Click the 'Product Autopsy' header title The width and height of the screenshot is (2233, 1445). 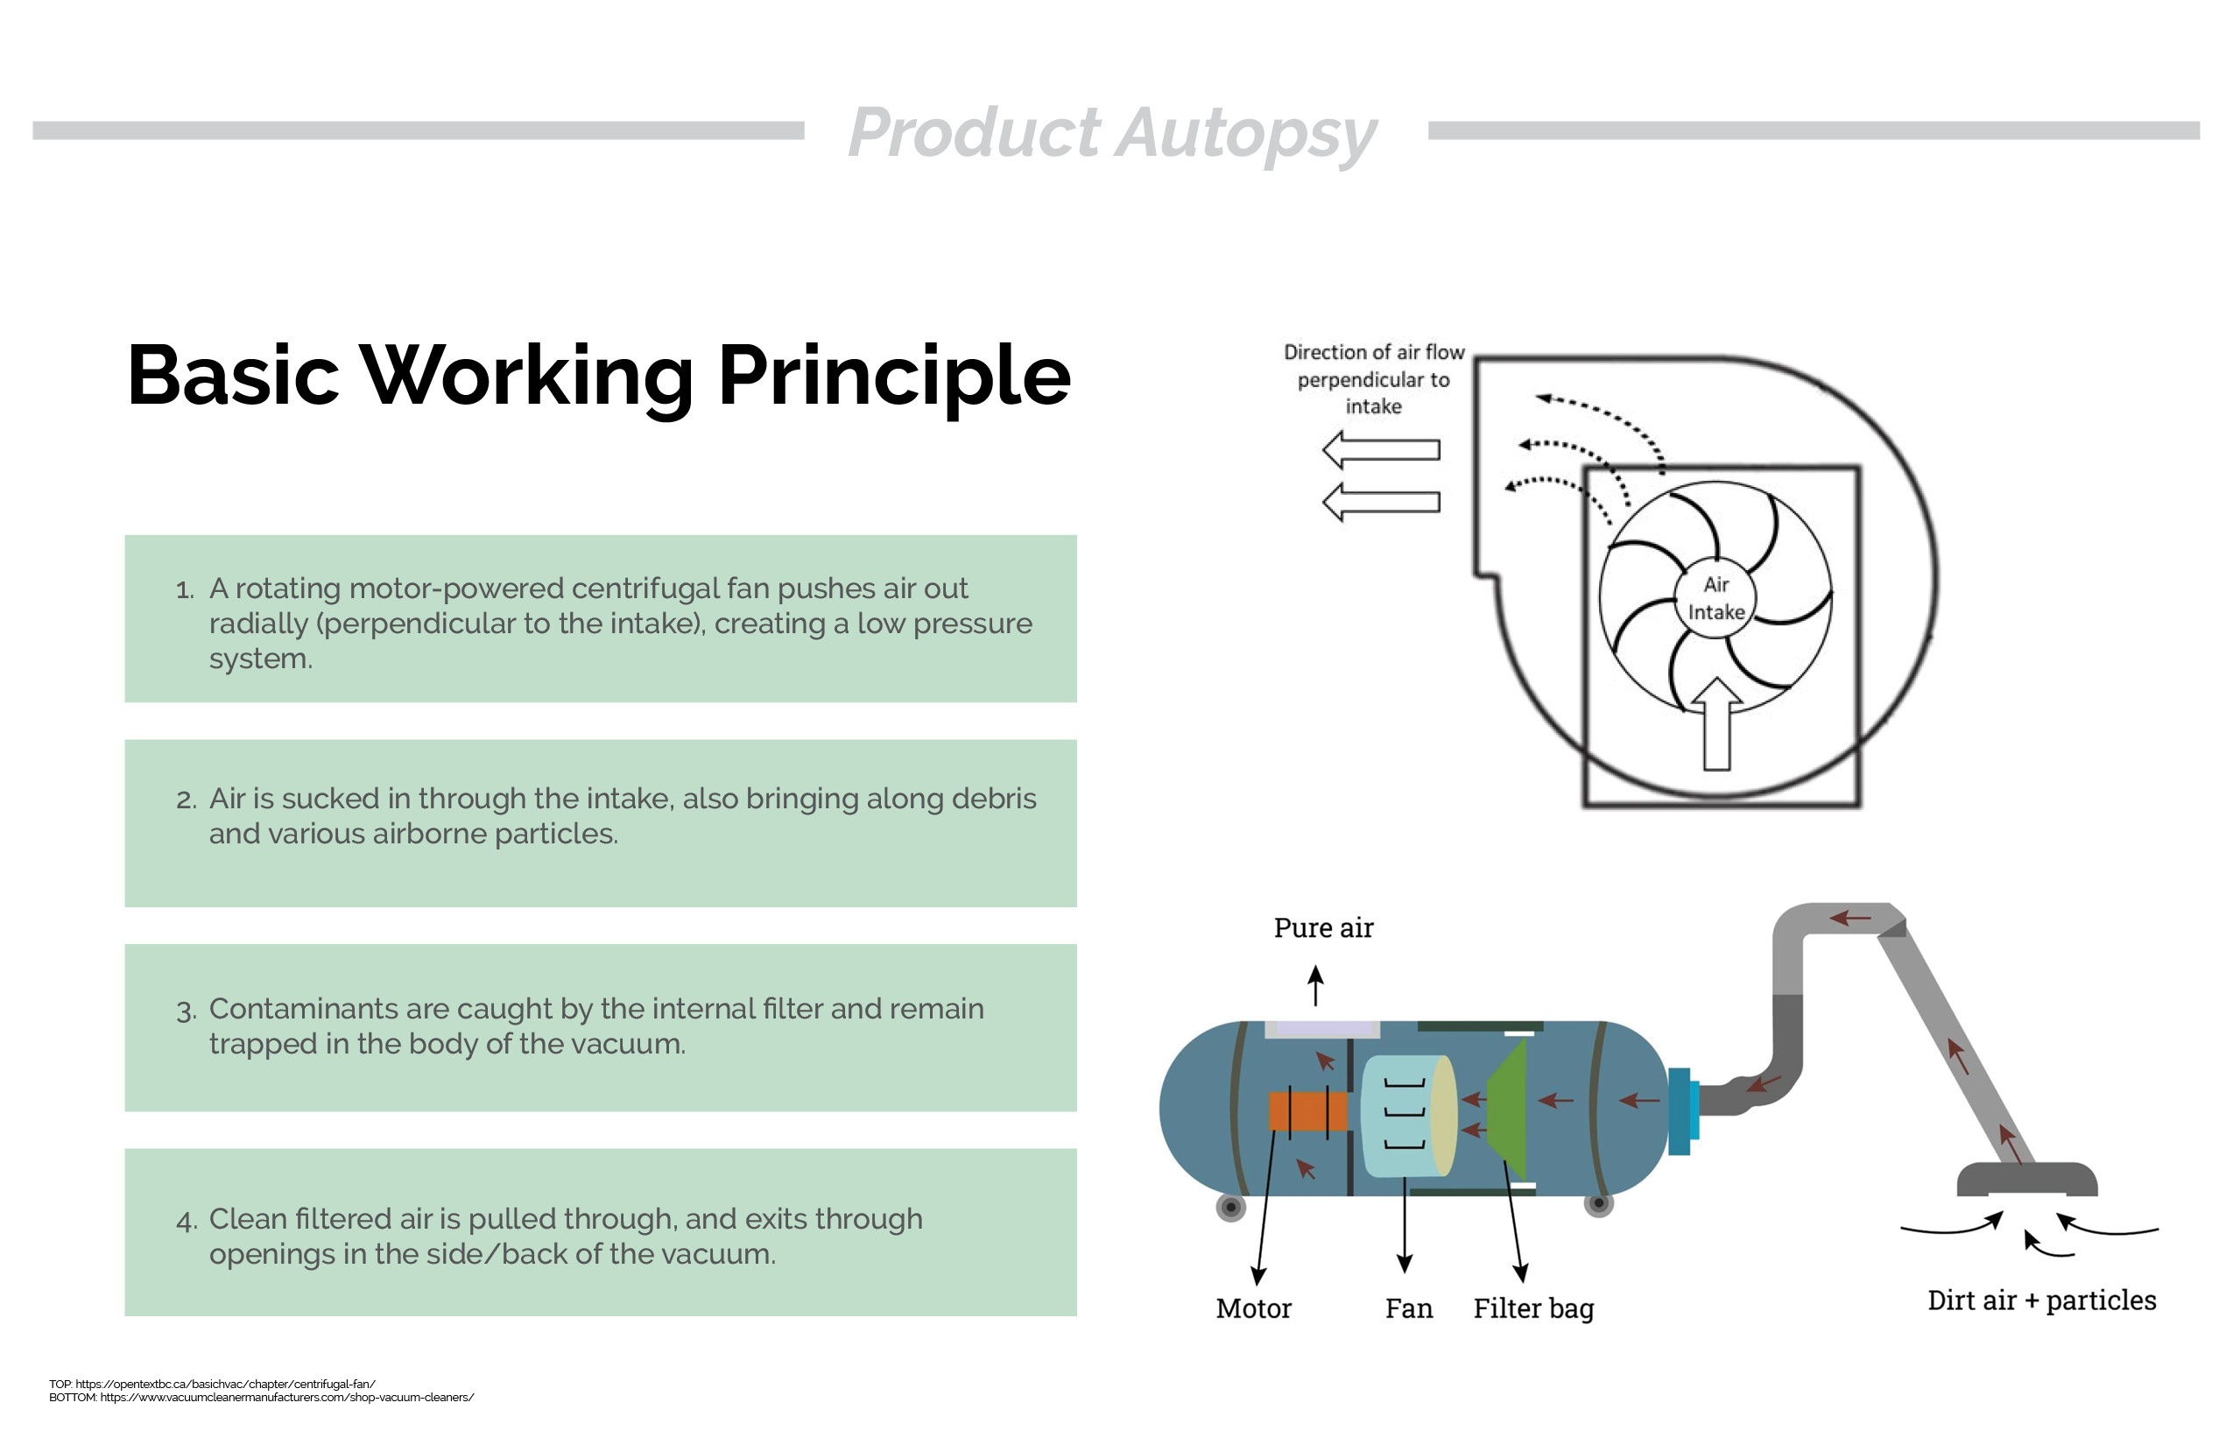[x=1113, y=133]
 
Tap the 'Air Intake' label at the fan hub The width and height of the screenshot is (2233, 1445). [x=1716, y=597]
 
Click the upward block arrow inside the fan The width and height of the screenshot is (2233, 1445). [x=1716, y=723]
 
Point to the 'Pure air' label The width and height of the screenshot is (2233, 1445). [x=1323, y=928]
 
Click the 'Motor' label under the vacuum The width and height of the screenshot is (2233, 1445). [x=1253, y=1308]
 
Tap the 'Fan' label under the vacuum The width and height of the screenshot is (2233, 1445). [x=1408, y=1308]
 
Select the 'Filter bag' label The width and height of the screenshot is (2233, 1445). [x=1533, y=1309]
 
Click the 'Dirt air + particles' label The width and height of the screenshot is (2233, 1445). [x=2041, y=1300]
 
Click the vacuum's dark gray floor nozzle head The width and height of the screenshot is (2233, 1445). [x=2026, y=1180]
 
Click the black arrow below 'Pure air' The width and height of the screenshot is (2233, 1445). [x=1315, y=985]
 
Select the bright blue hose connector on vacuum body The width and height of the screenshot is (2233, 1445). [x=1683, y=1111]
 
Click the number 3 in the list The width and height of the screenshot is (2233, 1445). [x=186, y=1011]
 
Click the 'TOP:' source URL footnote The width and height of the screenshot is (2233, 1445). [x=212, y=1384]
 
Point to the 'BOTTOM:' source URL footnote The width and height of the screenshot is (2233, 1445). [x=262, y=1397]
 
